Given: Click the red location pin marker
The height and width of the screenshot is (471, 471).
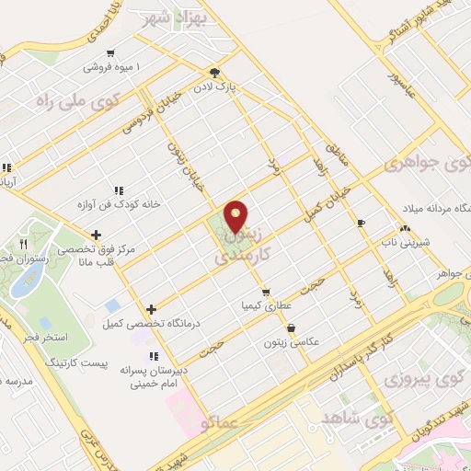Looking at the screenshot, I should click(x=236, y=216).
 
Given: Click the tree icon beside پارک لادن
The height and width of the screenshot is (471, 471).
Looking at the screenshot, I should click(x=214, y=72).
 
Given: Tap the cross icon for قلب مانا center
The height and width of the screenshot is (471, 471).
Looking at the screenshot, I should click(x=97, y=235).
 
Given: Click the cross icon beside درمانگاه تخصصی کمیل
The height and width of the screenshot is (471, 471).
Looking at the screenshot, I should click(x=151, y=309).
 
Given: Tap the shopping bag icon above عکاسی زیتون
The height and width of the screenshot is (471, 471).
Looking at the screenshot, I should click(x=292, y=327).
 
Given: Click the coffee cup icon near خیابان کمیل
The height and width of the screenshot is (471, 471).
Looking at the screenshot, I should click(x=361, y=223).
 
